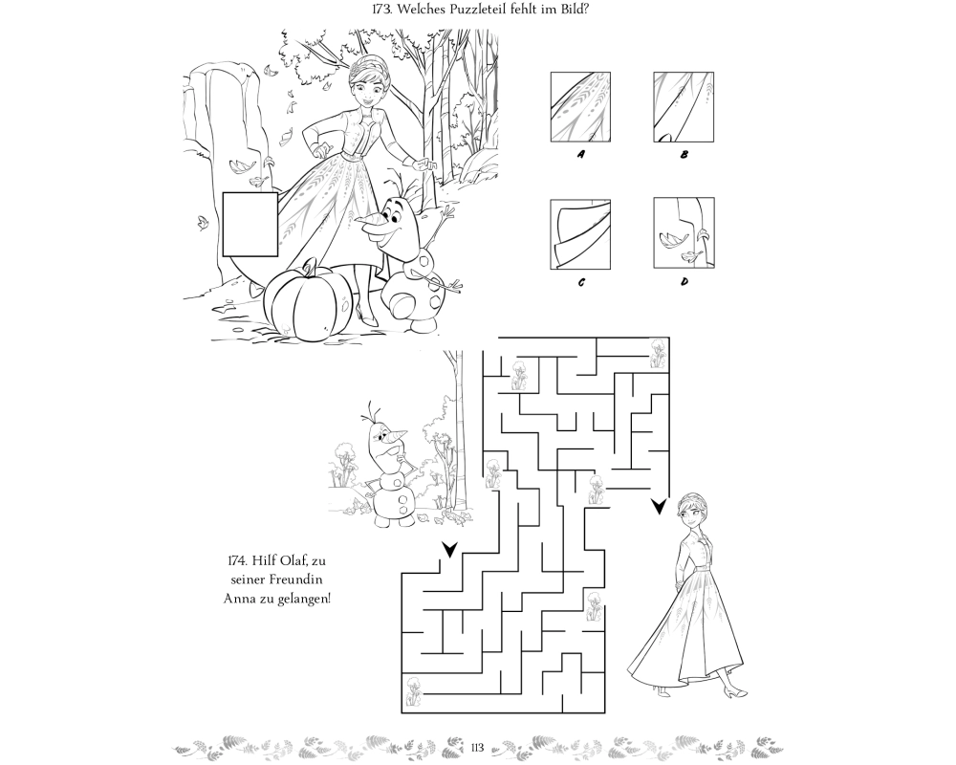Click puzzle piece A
(x=580, y=107)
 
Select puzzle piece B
(x=684, y=107)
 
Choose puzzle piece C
(x=580, y=233)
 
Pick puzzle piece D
(x=684, y=232)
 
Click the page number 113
(x=477, y=747)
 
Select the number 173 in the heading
(x=382, y=10)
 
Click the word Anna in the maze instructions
(x=238, y=598)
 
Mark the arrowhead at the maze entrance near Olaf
(x=450, y=550)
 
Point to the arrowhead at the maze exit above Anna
(x=659, y=507)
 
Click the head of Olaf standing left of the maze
(x=384, y=436)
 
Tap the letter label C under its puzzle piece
(x=581, y=282)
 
